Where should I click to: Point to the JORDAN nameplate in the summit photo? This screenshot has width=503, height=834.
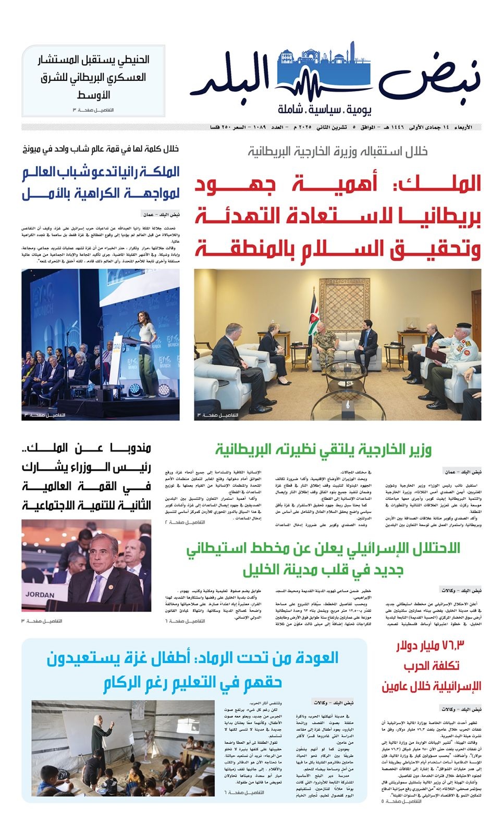pos(40,594)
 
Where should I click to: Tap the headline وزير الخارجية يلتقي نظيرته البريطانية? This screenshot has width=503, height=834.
pos(324,450)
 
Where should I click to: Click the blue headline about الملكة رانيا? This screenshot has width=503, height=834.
pos(101,182)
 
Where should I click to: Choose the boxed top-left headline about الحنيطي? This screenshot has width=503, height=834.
pos(94,77)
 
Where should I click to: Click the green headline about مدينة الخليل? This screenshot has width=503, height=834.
pos(324,558)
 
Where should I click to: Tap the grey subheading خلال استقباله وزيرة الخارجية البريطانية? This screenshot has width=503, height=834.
pos(338,151)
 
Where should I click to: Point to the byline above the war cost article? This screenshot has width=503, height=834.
pos(461,709)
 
